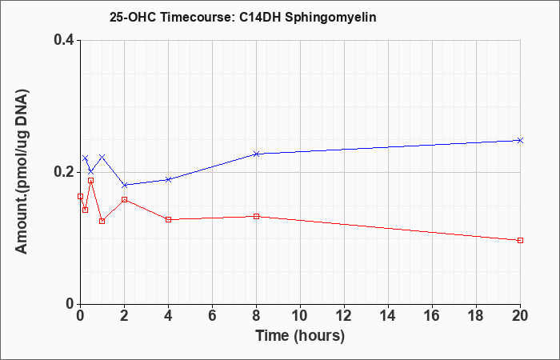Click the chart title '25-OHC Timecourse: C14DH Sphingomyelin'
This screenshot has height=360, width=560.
[x=243, y=18]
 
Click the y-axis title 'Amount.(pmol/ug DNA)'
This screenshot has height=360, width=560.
[x=22, y=171]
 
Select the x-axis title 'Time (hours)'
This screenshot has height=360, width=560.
[x=300, y=336]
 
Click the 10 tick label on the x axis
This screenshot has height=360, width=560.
[x=300, y=316]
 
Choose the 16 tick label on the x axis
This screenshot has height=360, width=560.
[x=432, y=316]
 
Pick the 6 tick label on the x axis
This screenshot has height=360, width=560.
[x=212, y=316]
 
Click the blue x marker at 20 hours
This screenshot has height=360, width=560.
[x=520, y=140]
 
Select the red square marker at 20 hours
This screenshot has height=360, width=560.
[x=520, y=240]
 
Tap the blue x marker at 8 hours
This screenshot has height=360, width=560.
[x=256, y=154]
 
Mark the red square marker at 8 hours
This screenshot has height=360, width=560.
[x=256, y=217]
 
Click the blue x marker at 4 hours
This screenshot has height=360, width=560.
[x=168, y=179]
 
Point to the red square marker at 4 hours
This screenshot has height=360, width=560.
[x=168, y=219]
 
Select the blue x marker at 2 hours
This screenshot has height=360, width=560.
[x=124, y=185]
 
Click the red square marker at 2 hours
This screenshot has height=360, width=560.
[x=124, y=199]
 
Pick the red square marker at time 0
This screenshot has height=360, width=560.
[x=80, y=196]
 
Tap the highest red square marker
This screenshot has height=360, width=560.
[x=90, y=180]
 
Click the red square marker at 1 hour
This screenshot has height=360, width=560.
[x=102, y=221]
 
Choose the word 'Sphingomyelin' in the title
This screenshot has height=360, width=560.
[x=330, y=18]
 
